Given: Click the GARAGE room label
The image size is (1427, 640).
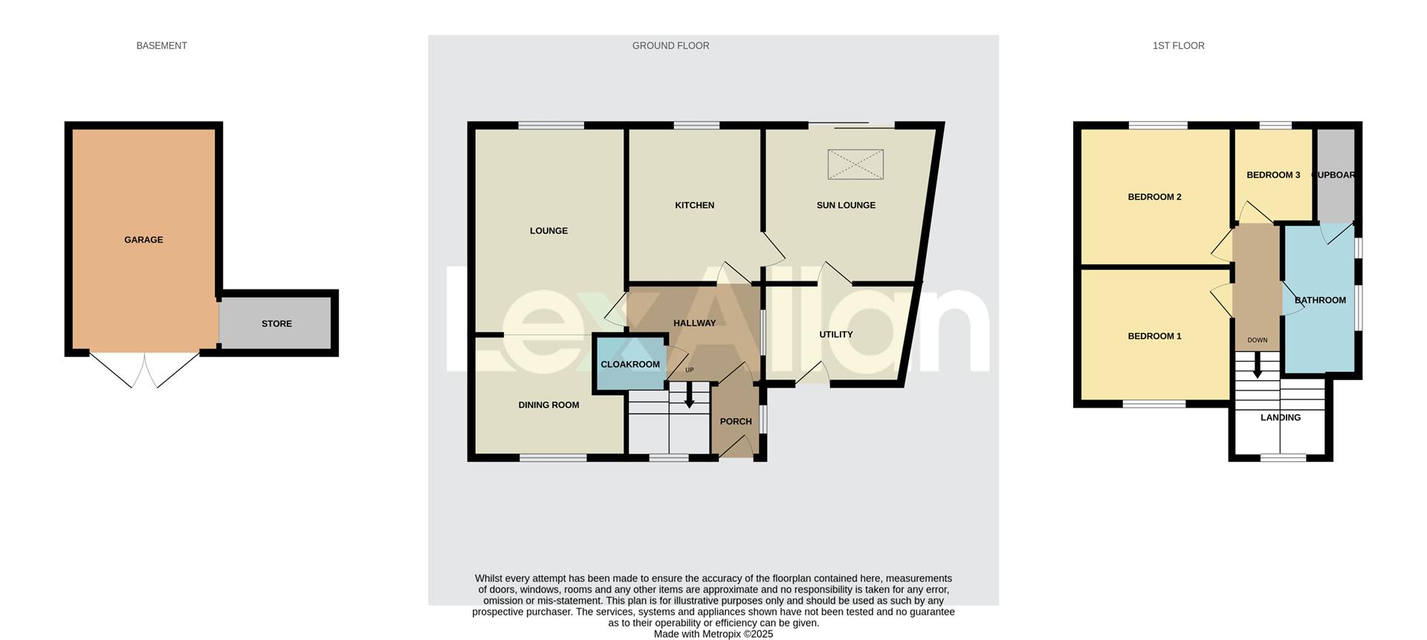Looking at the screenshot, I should pos(143,240).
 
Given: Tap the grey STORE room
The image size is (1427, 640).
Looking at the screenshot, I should pos(276,324).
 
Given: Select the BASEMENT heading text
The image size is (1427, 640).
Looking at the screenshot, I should pos(161,46).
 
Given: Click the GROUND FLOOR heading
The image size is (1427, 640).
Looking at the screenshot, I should pos(670,46).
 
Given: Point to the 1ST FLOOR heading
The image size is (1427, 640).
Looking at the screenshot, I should pos(1178,46).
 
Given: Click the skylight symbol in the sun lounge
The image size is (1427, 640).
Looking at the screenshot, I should pos(856,164).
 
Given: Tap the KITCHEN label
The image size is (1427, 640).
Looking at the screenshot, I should pos(694,206).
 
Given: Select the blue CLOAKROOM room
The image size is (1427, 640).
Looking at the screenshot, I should pos(630,364).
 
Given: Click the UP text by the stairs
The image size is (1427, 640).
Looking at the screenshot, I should pos(689,370).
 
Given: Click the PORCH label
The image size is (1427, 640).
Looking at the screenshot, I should pos(736,422).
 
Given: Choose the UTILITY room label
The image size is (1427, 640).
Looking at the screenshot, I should pos(835,335).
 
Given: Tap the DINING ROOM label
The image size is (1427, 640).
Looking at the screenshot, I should pos(549,405).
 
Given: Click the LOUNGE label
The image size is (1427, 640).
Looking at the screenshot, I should pos(549,231).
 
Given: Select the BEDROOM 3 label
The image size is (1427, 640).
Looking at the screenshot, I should pos(1273,175).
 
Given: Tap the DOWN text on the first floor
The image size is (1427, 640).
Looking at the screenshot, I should pos(1257,341).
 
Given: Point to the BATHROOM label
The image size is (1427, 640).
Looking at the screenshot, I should pos(1320,301).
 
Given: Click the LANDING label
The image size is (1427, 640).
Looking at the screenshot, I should pos(1280,418).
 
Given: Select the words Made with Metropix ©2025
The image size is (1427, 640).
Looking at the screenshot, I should pos(713,634).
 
